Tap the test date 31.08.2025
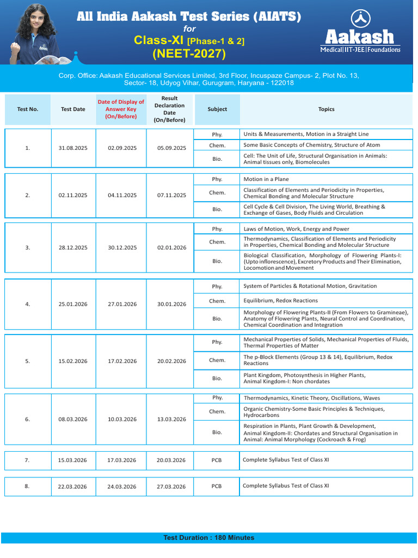[x=72, y=148]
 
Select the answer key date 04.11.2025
[x=122, y=195]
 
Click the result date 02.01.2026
[x=171, y=247]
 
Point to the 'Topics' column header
[x=326, y=109]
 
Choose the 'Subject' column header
[x=217, y=109]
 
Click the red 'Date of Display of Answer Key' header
[x=121, y=109]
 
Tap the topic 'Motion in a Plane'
[x=266, y=179]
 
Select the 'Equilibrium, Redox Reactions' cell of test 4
[x=280, y=301]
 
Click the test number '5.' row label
[x=27, y=361]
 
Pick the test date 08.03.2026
[x=72, y=420]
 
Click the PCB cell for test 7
[x=217, y=460]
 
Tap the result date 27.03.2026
[x=171, y=487]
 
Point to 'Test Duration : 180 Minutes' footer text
[x=208, y=538]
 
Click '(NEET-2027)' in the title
[x=189, y=53]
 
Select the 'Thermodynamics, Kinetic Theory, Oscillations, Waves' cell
[x=312, y=398]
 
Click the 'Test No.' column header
[x=28, y=109]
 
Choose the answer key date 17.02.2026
[x=122, y=361]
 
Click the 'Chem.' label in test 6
[x=217, y=412]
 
